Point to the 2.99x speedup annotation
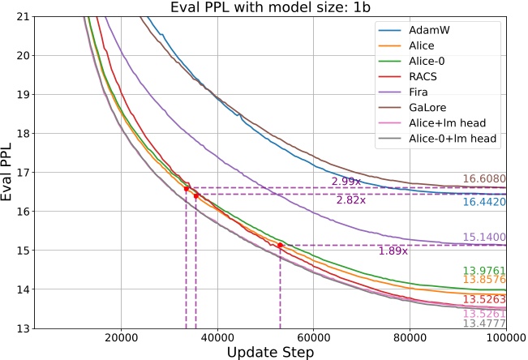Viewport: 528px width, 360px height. (346, 182)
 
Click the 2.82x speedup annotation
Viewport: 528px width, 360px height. (351, 200)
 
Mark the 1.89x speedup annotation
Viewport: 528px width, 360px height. (393, 251)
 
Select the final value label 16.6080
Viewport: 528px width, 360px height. (484, 179)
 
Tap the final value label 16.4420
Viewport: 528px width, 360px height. (484, 201)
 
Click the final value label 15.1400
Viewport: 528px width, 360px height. (484, 238)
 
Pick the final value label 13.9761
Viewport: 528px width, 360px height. (484, 270)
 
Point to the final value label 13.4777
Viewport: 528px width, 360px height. (484, 323)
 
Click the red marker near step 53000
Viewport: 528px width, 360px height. (280, 245)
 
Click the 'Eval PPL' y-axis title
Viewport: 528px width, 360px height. (9, 172)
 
